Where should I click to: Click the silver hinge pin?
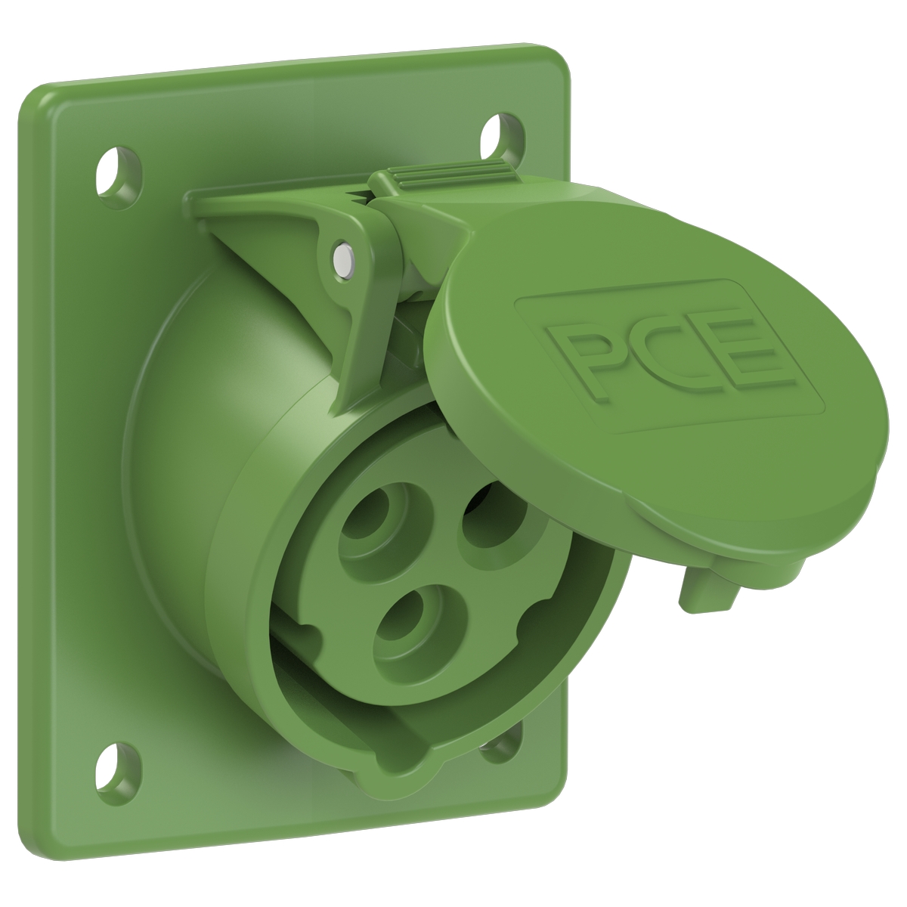click(x=344, y=257)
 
